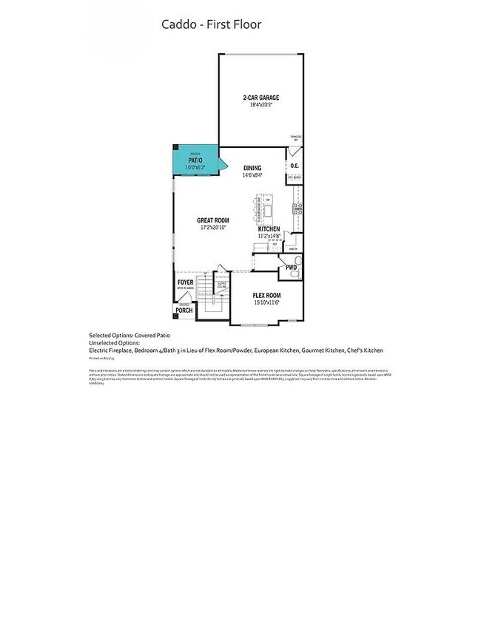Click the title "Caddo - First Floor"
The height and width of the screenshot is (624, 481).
click(212, 25)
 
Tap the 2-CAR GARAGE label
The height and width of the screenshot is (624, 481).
click(260, 98)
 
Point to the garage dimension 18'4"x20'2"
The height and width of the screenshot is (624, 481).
click(260, 105)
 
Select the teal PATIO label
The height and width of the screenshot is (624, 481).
click(195, 160)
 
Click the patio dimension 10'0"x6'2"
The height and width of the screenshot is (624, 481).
click(195, 167)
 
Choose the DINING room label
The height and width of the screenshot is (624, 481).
click(252, 168)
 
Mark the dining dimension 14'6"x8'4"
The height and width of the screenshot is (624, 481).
click(252, 175)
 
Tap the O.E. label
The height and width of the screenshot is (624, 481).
click(295, 166)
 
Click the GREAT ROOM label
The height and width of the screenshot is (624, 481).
click(213, 220)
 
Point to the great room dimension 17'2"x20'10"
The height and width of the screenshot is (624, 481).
click(213, 228)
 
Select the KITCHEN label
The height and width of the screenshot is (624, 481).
click(268, 230)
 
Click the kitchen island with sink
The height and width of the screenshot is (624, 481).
click(264, 208)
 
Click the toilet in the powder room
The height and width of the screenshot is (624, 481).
click(294, 274)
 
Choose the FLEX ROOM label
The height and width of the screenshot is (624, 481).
click(267, 295)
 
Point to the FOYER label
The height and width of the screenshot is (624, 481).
click(185, 282)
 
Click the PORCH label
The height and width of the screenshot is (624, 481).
click(184, 311)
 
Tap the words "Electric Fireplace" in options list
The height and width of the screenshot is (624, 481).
click(112, 350)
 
